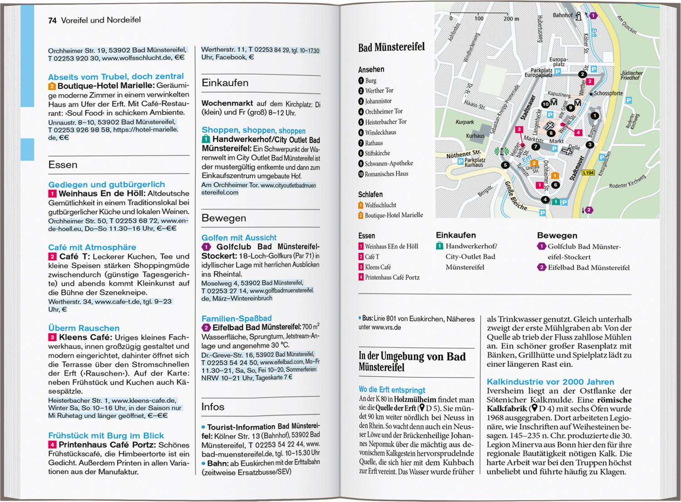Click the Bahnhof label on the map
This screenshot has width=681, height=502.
coord(563,15)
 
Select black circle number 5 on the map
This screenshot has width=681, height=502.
coord(506,165)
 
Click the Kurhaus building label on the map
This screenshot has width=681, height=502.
coord(475,136)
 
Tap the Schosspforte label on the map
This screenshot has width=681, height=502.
coord(608,93)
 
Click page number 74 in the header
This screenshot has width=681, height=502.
coord(52,20)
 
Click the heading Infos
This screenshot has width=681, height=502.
coord(213,407)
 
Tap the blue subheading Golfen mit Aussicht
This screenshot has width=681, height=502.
coord(239,238)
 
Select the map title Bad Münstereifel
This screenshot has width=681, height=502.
coord(391,47)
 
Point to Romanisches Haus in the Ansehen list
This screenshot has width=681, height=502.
coord(386,174)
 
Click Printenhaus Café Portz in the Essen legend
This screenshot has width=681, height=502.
coord(392,277)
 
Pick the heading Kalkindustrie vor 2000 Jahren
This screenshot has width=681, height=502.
coord(550,382)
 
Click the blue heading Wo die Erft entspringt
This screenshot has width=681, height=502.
coord(392,390)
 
